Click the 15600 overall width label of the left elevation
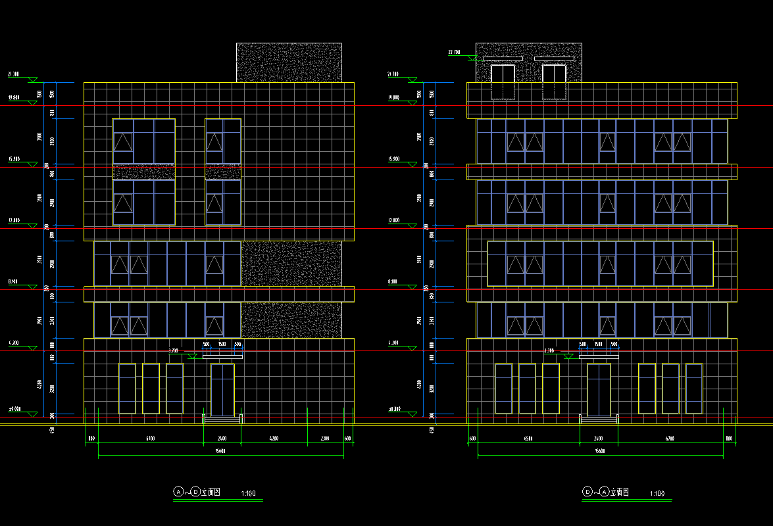(x=221, y=451)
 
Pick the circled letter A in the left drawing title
(x=178, y=491)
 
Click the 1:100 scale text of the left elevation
(x=249, y=493)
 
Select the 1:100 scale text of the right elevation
(x=657, y=493)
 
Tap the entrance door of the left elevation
(x=222, y=389)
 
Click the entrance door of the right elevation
(x=599, y=389)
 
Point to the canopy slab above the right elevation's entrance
(x=599, y=356)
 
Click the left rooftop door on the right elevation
(x=503, y=82)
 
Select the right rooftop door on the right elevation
(x=554, y=82)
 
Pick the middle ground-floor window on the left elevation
(x=151, y=389)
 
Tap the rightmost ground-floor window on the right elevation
(x=694, y=389)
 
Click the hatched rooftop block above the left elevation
(x=289, y=62)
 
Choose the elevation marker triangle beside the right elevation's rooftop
(x=472, y=58)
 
